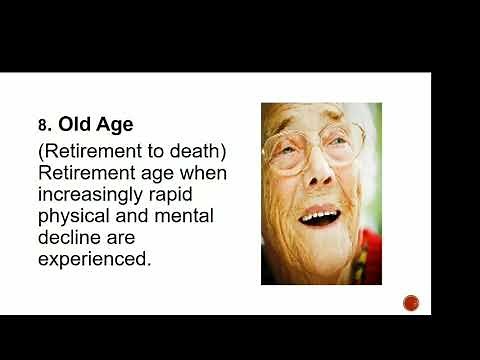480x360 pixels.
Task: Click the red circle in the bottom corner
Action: click(x=410, y=302)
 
